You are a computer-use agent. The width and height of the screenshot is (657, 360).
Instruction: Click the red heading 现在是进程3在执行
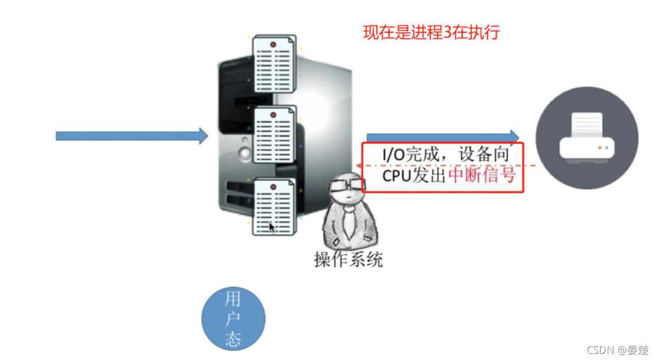[431, 32]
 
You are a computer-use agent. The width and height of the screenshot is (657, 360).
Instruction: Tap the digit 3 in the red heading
[447, 32]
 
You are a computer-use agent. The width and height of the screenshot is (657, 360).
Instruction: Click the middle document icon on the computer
[274, 134]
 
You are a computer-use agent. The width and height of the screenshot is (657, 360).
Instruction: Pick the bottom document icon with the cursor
[274, 207]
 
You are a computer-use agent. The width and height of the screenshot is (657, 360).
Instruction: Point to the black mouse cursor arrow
[272, 227]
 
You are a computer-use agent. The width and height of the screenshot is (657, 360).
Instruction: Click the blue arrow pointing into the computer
[132, 136]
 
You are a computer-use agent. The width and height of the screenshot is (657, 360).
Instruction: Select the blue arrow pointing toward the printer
[443, 137]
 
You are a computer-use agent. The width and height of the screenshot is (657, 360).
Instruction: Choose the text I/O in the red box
[393, 154]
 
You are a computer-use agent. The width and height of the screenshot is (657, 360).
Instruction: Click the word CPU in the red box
[396, 175]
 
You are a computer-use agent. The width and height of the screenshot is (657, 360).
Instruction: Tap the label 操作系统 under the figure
[349, 259]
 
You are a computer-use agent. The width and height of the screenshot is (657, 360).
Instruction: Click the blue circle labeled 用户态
[233, 319]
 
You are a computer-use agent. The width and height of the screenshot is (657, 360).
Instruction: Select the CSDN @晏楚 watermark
[617, 350]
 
